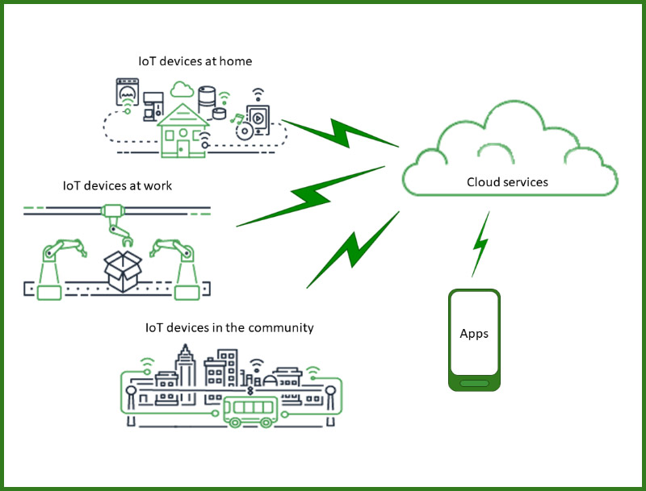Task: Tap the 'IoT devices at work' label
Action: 117,186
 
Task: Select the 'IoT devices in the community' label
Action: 229,328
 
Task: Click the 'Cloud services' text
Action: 507,182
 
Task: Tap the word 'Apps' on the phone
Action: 474,334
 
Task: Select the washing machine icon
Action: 127,93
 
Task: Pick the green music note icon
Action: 237,120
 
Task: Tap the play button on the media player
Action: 257,119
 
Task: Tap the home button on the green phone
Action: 474,383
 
